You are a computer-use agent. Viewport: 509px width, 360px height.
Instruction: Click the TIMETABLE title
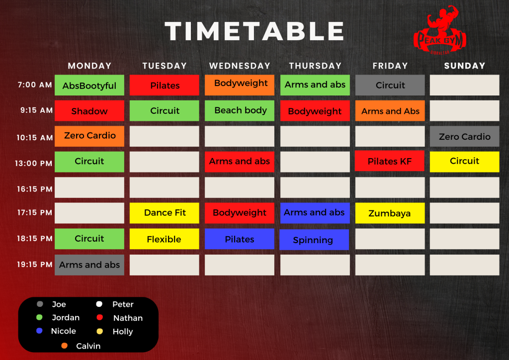[254, 31]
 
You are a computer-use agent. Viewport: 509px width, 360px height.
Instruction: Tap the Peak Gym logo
[440, 30]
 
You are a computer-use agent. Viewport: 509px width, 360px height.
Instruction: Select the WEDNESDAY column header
[240, 66]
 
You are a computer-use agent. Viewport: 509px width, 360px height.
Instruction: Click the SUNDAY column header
[465, 66]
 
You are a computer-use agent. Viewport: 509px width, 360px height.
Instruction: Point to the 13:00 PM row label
[33, 163]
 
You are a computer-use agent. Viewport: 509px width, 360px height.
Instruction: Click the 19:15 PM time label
[34, 265]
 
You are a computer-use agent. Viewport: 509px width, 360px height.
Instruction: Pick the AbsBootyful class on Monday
[89, 86]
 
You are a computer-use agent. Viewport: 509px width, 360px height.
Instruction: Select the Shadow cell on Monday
[89, 111]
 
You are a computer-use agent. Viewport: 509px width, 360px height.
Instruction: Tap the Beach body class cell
[240, 111]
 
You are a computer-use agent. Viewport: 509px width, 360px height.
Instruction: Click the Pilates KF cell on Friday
[390, 161]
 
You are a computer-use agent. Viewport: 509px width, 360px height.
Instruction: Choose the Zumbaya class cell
[390, 213]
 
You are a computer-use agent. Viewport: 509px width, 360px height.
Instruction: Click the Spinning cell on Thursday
[314, 240]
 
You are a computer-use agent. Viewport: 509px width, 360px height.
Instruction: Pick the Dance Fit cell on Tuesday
[164, 213]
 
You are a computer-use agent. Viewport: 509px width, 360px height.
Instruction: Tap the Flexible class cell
[164, 239]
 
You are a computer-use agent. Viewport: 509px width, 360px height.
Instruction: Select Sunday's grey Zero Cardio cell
[465, 136]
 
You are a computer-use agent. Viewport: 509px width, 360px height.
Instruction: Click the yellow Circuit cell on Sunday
[465, 162]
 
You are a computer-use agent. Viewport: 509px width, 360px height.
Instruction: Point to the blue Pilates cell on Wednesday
[240, 239]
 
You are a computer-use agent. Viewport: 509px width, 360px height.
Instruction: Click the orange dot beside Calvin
[64, 346]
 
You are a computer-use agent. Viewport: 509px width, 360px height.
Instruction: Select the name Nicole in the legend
[63, 331]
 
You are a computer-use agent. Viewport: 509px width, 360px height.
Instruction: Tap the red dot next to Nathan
[99, 317]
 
